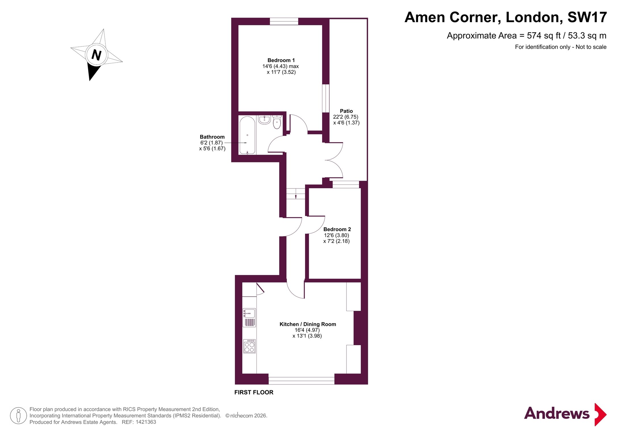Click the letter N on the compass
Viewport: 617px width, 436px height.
(97, 55)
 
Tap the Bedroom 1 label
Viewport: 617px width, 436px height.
(281, 60)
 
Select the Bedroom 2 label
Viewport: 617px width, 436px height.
(337, 229)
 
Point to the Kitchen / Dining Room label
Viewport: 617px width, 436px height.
(308, 324)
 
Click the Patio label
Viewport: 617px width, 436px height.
(346, 111)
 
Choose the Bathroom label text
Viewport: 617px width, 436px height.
(212, 137)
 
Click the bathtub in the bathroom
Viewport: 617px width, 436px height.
(247, 135)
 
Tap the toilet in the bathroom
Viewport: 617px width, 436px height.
(277, 122)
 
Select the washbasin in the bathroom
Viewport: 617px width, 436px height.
(264, 120)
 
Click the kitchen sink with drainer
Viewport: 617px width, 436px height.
(249, 318)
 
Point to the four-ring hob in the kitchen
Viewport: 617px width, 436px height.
(249, 346)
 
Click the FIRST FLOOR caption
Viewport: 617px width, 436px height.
(254, 392)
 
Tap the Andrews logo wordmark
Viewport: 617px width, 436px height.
(557, 413)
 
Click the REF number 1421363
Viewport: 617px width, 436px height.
(146, 422)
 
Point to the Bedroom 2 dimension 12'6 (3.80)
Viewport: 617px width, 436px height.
(337, 235)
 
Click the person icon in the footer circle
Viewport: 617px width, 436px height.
(19, 416)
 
